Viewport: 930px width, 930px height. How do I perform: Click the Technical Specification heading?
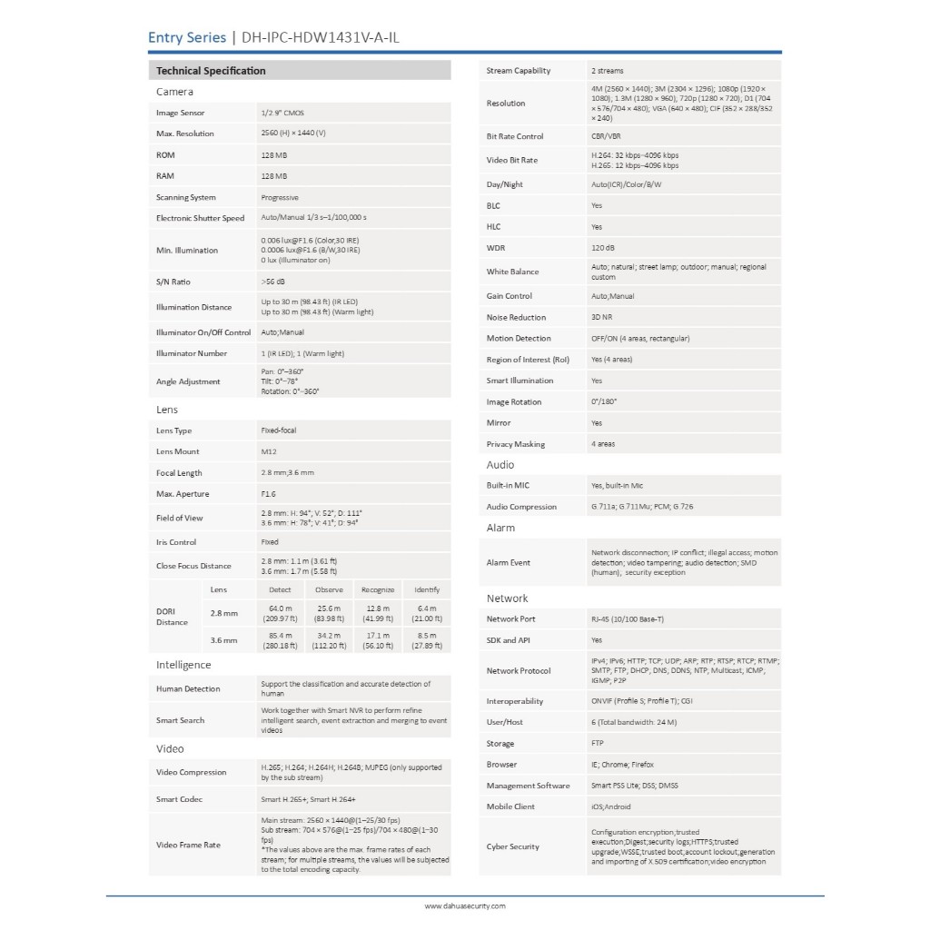click(211, 71)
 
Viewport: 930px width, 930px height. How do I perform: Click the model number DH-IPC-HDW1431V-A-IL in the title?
click(322, 37)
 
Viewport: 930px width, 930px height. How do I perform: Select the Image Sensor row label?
click(181, 113)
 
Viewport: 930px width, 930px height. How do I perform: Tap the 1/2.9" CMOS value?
click(283, 113)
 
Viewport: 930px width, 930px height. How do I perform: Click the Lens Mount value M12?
click(268, 451)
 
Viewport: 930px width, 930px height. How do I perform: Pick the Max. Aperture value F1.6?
click(268, 494)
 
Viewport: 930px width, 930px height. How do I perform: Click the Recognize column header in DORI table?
click(378, 590)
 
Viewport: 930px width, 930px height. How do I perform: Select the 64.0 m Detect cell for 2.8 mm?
click(280, 613)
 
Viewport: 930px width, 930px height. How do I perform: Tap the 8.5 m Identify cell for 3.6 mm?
click(427, 640)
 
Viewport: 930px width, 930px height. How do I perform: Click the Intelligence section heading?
click(183, 666)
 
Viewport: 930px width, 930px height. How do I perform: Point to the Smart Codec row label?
click(179, 799)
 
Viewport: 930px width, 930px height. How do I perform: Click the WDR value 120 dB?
click(603, 247)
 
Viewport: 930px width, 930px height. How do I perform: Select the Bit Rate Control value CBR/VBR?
click(606, 136)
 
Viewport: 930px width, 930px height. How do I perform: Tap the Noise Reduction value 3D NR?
click(601, 318)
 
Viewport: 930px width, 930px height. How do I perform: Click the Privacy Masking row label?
click(516, 444)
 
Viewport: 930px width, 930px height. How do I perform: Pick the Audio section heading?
click(500, 465)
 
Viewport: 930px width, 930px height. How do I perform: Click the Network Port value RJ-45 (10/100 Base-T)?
click(628, 619)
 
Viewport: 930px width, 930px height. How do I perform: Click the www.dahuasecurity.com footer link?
click(465, 905)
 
